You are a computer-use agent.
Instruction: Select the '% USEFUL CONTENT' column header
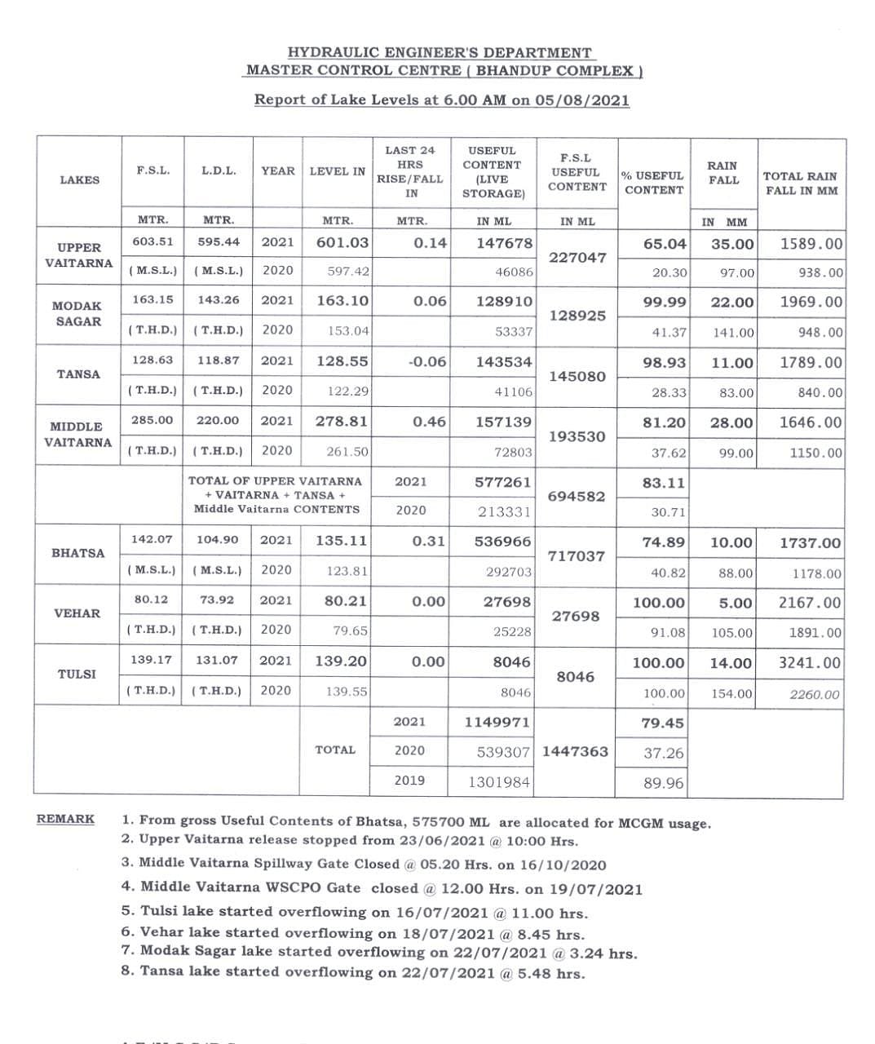[653, 183]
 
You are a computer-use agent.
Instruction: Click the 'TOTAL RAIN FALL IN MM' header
[799, 183]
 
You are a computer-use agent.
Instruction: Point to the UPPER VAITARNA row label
[79, 255]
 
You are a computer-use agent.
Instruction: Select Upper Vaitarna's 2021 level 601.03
[342, 242]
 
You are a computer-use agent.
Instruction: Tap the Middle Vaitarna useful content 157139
[504, 422]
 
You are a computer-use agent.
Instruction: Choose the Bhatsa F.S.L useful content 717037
[577, 556]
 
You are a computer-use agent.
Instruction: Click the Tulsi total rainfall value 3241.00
[809, 662]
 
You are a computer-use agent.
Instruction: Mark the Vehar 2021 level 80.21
[342, 602]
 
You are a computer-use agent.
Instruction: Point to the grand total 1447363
[575, 751]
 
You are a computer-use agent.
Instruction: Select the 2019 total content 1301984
[499, 782]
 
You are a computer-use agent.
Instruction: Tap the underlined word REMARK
[65, 819]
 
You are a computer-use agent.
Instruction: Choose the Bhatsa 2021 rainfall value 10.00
[731, 542]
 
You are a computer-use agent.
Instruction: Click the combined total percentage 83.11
[663, 483]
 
